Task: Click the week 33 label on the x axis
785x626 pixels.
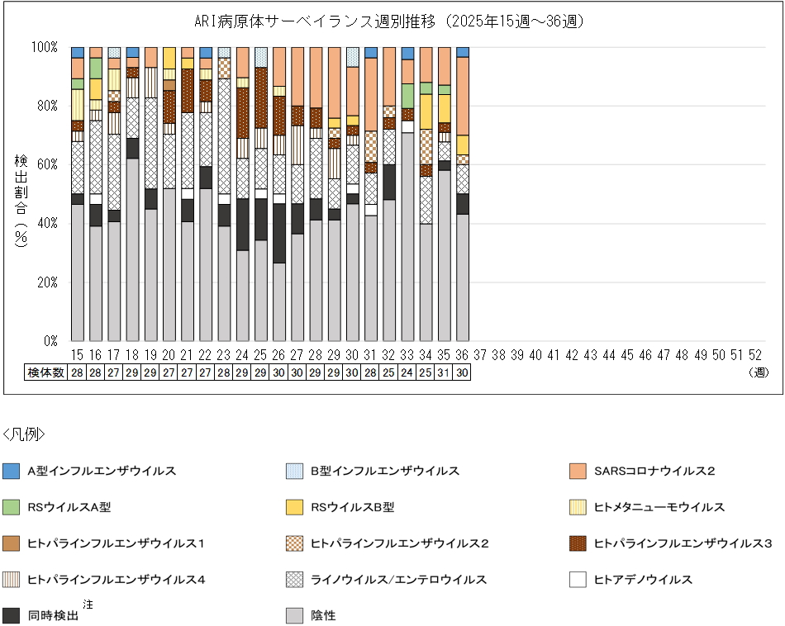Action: [x=407, y=354]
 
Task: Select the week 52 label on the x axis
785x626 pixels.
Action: [x=754, y=354]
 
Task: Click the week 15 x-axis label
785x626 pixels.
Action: [x=78, y=354]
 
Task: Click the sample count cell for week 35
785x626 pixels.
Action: [x=444, y=372]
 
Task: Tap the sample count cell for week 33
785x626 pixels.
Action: [x=407, y=372]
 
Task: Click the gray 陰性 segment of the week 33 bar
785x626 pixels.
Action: [x=407, y=239]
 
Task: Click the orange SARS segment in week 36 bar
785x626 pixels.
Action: [x=462, y=96]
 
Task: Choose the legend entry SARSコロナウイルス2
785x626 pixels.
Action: [x=654, y=471]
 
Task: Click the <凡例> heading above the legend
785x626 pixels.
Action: [x=24, y=434]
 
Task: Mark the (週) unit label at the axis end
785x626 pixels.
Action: [x=759, y=372]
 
